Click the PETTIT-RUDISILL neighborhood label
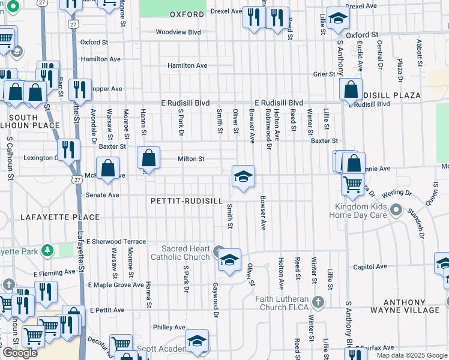coord(187,201)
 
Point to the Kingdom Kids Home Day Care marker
coord(396,210)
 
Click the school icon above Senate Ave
coord(243,178)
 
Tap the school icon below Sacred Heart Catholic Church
coord(229,260)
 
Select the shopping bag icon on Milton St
coord(148,158)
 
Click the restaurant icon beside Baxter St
coord(70,150)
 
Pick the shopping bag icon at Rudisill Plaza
coord(351,90)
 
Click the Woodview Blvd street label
coord(178,32)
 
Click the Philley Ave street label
coord(169,327)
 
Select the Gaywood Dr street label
coord(214,296)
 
